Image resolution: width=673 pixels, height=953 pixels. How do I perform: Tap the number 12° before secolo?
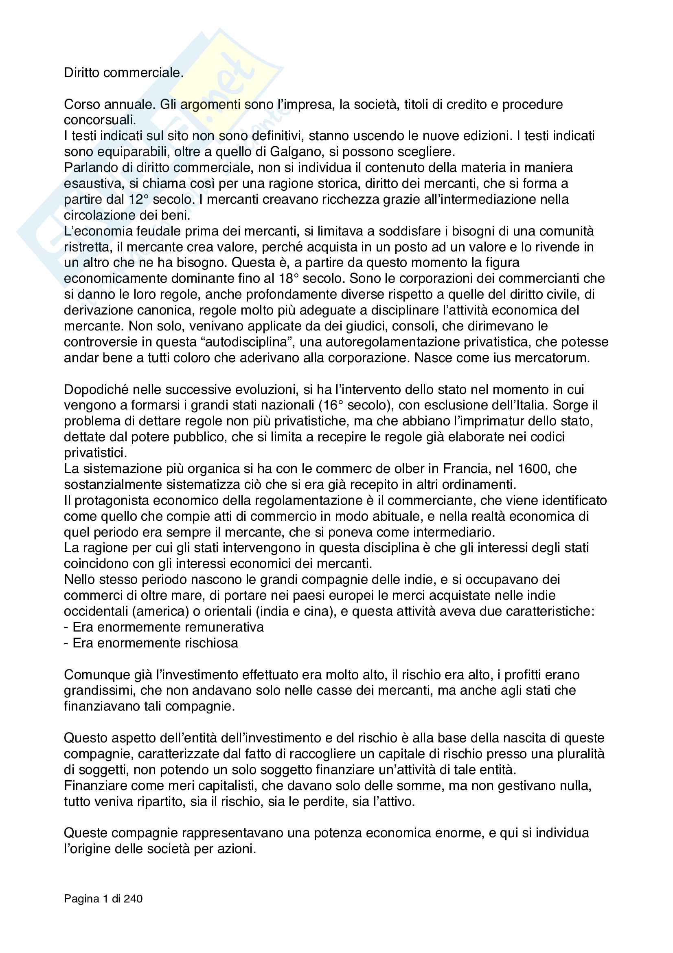(x=138, y=200)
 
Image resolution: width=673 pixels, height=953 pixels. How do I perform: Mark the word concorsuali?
(x=100, y=120)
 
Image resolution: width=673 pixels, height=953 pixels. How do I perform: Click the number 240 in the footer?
(x=133, y=899)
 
